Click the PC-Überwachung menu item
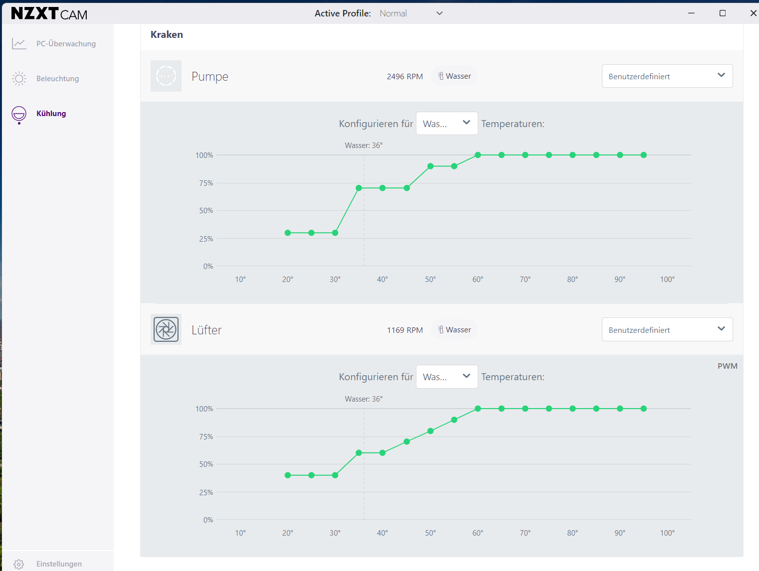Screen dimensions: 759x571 [66, 43]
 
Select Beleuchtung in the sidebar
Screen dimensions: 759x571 [57, 78]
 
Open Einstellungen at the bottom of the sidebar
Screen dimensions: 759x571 [59, 564]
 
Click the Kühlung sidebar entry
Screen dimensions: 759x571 [51, 113]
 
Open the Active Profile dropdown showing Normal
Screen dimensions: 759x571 [411, 13]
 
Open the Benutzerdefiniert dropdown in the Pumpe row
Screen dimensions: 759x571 [667, 76]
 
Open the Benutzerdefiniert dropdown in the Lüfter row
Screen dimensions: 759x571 [667, 329]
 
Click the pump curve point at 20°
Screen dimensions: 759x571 [288, 233]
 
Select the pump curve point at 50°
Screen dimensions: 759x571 [430, 166]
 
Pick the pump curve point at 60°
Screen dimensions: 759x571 [478, 155]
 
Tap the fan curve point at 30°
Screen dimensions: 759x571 [335, 475]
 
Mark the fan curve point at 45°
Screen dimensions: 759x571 [407, 442]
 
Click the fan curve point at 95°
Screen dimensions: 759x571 [643, 409]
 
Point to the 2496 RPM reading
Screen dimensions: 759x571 [404, 76]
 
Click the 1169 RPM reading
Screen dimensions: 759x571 [404, 330]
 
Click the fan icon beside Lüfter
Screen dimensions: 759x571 [166, 329]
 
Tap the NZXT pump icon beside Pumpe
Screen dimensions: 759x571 [166, 76]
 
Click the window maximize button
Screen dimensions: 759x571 [723, 13]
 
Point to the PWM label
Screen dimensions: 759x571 [727, 366]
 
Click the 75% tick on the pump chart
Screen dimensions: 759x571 [206, 183]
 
